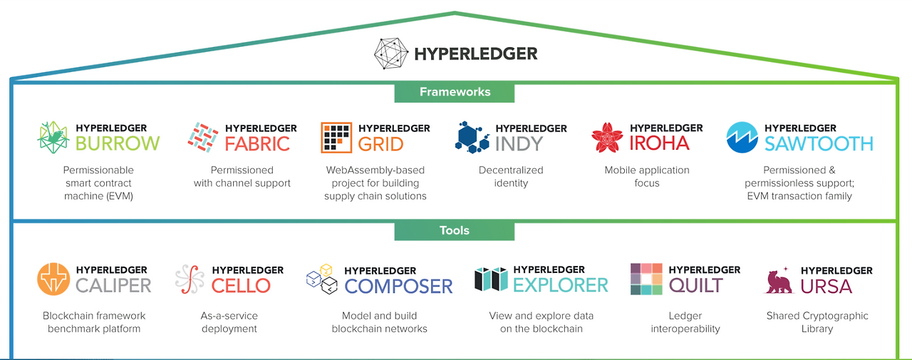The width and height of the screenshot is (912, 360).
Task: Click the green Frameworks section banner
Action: tap(455, 92)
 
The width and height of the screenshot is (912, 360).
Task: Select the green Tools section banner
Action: tap(455, 230)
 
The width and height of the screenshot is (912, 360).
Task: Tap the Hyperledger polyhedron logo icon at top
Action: tap(392, 53)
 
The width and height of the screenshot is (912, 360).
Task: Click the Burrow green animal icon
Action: tap(53, 138)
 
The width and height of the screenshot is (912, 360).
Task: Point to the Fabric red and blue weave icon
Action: tap(202, 137)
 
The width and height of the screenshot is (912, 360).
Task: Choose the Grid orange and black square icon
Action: tap(336, 138)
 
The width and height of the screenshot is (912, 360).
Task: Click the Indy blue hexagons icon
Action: tap(472, 137)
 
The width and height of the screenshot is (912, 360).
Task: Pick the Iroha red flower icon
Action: tap(607, 138)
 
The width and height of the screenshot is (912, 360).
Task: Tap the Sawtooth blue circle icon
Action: tap(742, 138)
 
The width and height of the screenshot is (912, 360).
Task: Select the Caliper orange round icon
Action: tap(53, 279)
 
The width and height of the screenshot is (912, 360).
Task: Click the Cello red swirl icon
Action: tap(190, 279)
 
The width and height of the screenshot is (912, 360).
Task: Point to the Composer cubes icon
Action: tap(321, 280)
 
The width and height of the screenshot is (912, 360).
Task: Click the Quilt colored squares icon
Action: tap(646, 279)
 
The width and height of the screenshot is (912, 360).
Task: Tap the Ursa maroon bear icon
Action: tap(779, 281)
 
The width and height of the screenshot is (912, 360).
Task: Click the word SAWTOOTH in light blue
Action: tap(818, 143)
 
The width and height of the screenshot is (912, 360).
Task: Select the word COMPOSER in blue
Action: tap(398, 286)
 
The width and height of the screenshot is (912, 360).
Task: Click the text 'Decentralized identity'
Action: tap(511, 177)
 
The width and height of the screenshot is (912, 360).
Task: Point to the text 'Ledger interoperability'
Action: tap(685, 322)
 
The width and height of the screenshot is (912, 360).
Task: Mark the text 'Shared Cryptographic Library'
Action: tap(817, 322)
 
